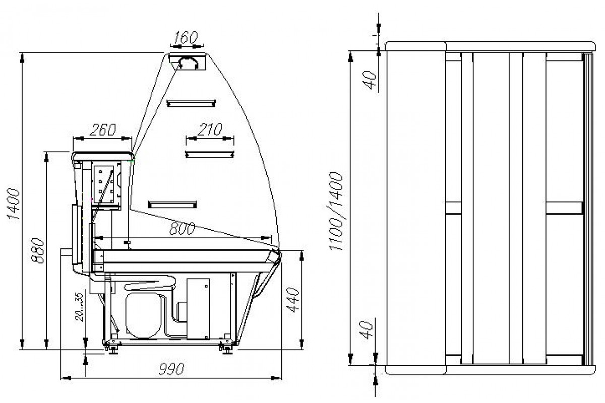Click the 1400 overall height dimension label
click(x=14, y=204)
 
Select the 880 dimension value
click(x=38, y=250)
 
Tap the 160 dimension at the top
click(x=186, y=37)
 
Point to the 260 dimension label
click(x=103, y=129)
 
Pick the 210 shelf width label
click(x=210, y=129)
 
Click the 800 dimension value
click(x=182, y=228)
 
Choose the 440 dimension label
click(x=293, y=300)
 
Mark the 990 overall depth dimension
click(x=171, y=369)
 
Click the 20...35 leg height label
click(x=80, y=307)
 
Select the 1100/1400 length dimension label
click(x=336, y=211)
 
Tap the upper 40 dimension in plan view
click(x=370, y=80)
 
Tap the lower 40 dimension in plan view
click(x=367, y=329)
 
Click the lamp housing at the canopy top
click(x=187, y=62)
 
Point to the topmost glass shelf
click(x=191, y=103)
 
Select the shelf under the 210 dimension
click(x=210, y=154)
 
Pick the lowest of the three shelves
click(x=172, y=205)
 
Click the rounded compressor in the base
click(x=143, y=315)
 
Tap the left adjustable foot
click(x=113, y=348)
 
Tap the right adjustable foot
click(x=227, y=348)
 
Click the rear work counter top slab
click(x=103, y=156)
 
